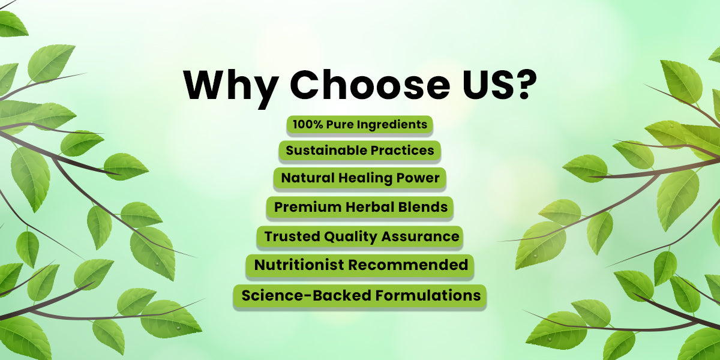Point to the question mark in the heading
coord(524,83)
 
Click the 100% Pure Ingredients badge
coord(359,125)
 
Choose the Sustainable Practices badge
coord(359,151)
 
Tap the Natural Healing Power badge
coord(359,178)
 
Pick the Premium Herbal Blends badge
coord(360,208)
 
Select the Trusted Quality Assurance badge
coord(359,237)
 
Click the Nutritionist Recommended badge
coord(359,265)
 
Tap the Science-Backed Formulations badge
coord(359,296)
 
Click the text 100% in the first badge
coord(308,124)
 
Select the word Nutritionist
coord(299,265)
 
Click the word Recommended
coord(408,265)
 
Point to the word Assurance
coord(421,236)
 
